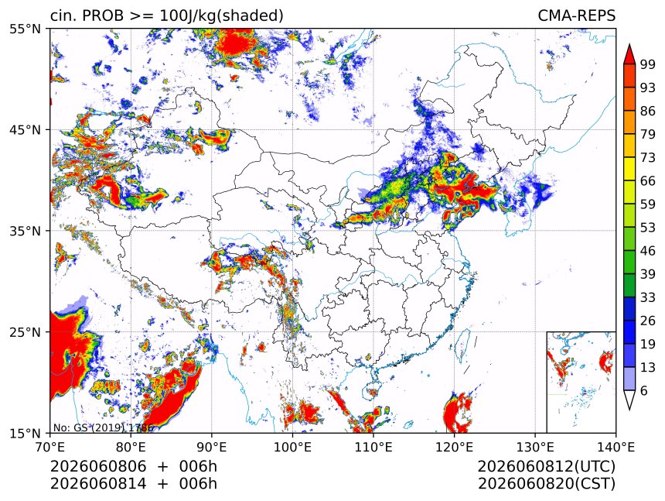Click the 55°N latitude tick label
coord(25,29)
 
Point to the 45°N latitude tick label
coord(25,129)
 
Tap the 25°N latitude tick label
coord(25,331)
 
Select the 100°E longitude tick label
coord(292,447)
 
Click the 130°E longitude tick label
coord(535,447)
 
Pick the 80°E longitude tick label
coord(131,447)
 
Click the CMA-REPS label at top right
coord(576,15)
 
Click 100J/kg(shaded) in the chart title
coord(221,16)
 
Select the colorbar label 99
coord(648,64)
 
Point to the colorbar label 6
coord(644,390)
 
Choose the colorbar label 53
coord(648,228)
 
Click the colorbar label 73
coord(648,158)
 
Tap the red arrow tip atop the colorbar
coord(629,45)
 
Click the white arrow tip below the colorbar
coord(629,410)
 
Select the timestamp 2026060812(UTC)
coord(546,466)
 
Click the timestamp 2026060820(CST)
coord(546,484)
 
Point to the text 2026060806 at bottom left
coord(98,466)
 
